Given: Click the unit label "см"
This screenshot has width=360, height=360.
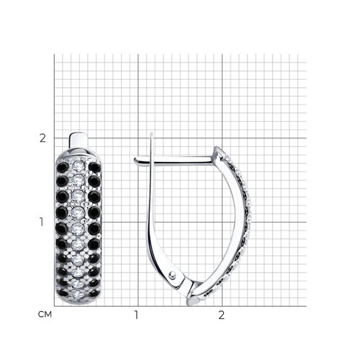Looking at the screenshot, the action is [x=45, y=314].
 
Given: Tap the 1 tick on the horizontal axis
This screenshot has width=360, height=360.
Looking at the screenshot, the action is [x=136, y=315].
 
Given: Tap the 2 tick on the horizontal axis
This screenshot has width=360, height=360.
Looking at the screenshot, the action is [x=221, y=315].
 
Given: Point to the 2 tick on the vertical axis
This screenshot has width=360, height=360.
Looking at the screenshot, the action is [x=42, y=138].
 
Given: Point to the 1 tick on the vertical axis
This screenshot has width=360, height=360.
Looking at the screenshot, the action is [x=42, y=222].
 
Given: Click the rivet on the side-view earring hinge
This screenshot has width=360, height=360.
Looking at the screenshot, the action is [x=172, y=275].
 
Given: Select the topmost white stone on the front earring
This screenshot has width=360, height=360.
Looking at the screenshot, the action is [x=78, y=165].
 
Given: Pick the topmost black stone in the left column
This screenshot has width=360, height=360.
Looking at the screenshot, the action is [x=63, y=167].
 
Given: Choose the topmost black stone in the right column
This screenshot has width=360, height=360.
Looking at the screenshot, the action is [x=94, y=168].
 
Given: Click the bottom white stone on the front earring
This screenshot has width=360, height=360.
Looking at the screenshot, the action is [x=78, y=294].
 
